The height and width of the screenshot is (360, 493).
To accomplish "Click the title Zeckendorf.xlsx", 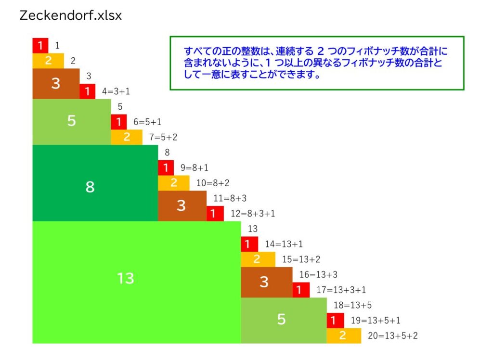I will coord(70,15).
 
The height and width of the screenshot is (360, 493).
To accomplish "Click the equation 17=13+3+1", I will coord(341,290).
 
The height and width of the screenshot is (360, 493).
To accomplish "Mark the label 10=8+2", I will coord(213,183).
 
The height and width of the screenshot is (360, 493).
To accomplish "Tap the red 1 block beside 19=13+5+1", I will coord(335,321).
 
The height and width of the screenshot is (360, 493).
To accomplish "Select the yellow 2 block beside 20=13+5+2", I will coord(344,335).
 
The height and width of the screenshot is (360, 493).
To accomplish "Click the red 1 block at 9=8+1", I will coord(166,168).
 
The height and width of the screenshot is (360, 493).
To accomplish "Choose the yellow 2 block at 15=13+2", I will coord(258,259).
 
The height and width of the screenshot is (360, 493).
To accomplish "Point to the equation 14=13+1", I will coord(284,244).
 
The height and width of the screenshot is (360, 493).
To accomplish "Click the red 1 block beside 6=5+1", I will coord(118,122).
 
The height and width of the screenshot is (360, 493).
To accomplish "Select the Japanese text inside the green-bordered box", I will coord(316,63).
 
